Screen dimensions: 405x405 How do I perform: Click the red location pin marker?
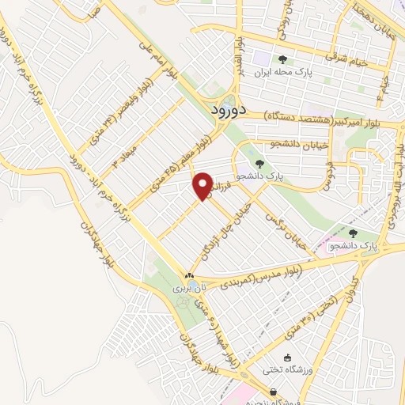coord(202,186)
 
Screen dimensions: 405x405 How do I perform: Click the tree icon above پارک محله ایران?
coord(283,59)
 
